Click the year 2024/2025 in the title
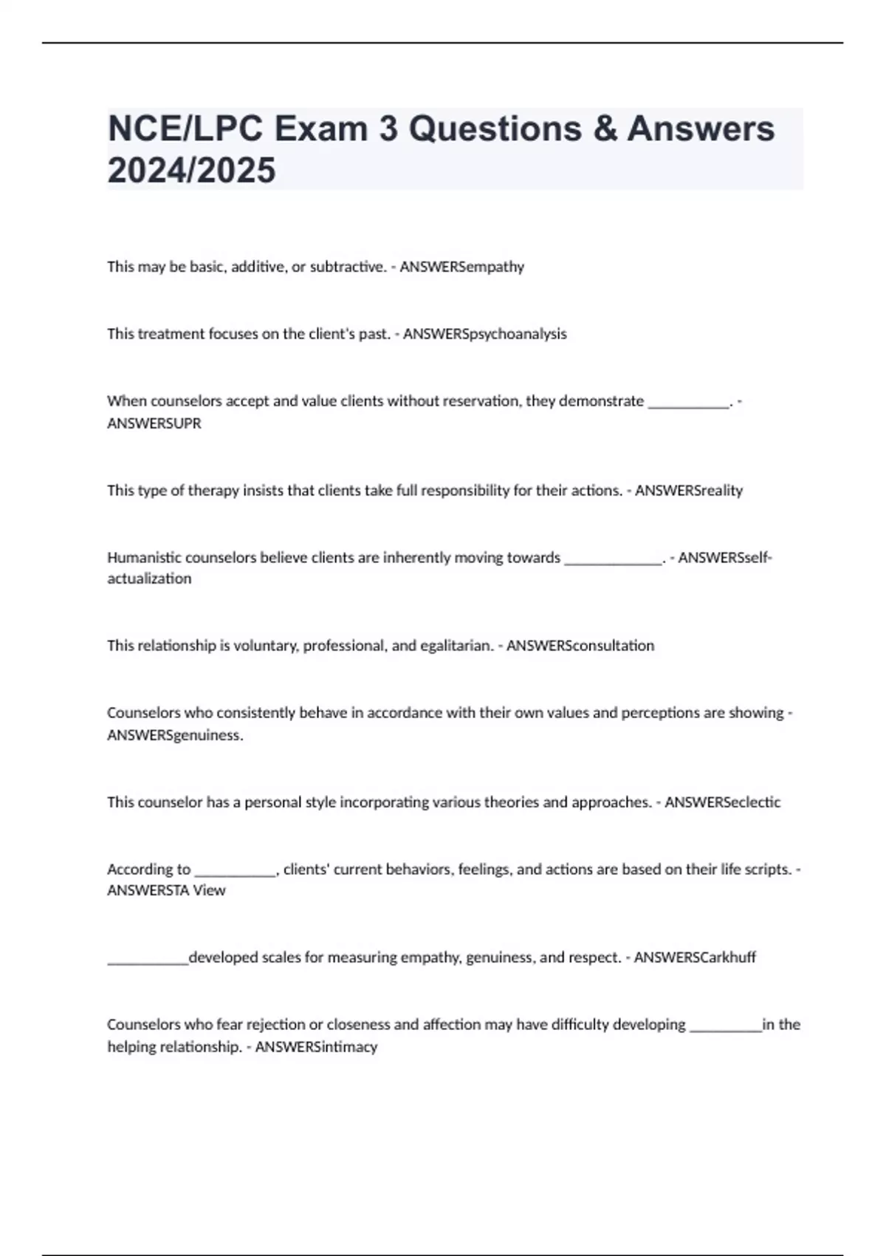pos(191,171)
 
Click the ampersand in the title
pos(605,129)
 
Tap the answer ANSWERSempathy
pos(462,267)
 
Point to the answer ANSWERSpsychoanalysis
pos(485,334)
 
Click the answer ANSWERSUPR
pos(154,424)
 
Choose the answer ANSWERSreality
pos(689,491)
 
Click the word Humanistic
pos(145,558)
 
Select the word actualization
pos(149,578)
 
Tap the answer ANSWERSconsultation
pos(580,646)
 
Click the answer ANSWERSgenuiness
pos(175,735)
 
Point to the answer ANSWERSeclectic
pos(722,802)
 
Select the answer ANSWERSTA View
pos(166,891)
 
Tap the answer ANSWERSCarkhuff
pos(695,958)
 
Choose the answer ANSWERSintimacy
pos(316,1047)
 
